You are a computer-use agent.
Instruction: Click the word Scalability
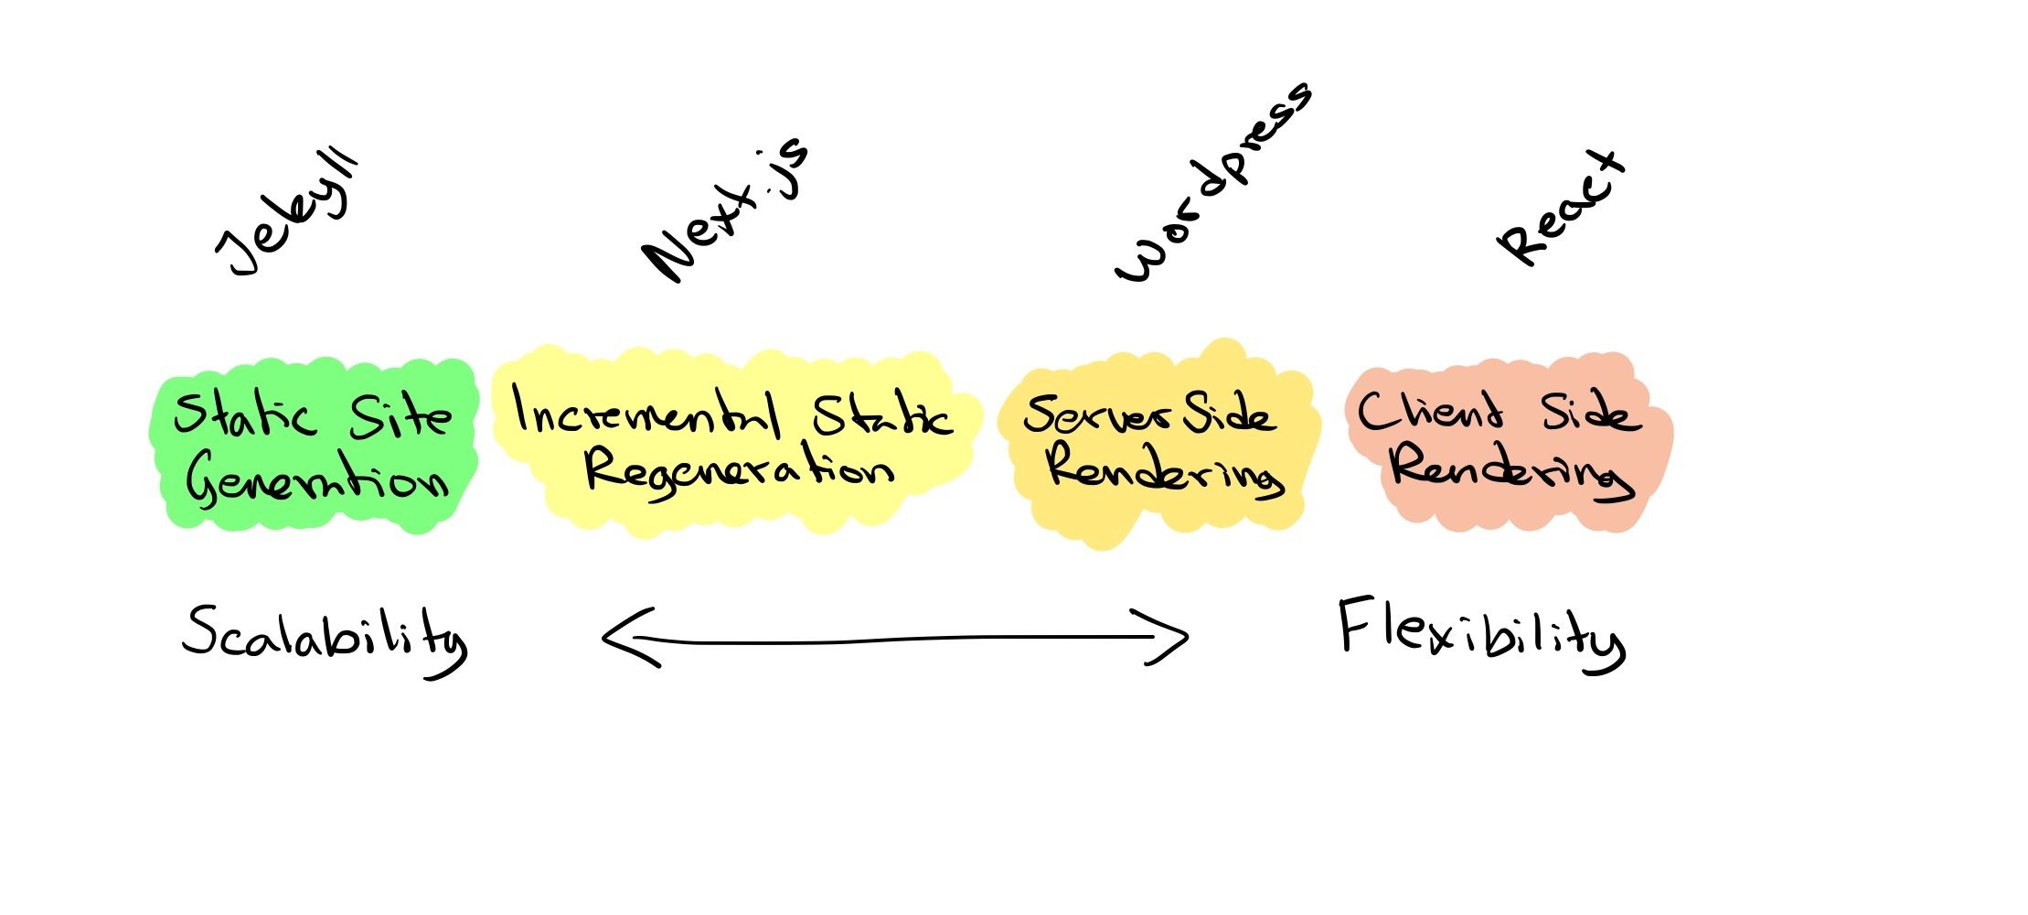pos(325,637)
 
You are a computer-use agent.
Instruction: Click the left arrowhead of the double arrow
pos(626,637)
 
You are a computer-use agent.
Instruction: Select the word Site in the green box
pos(400,417)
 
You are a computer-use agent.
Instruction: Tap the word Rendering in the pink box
pos(1510,471)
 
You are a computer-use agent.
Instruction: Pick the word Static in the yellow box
pos(882,417)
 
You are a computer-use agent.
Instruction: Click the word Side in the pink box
pos(1590,414)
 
